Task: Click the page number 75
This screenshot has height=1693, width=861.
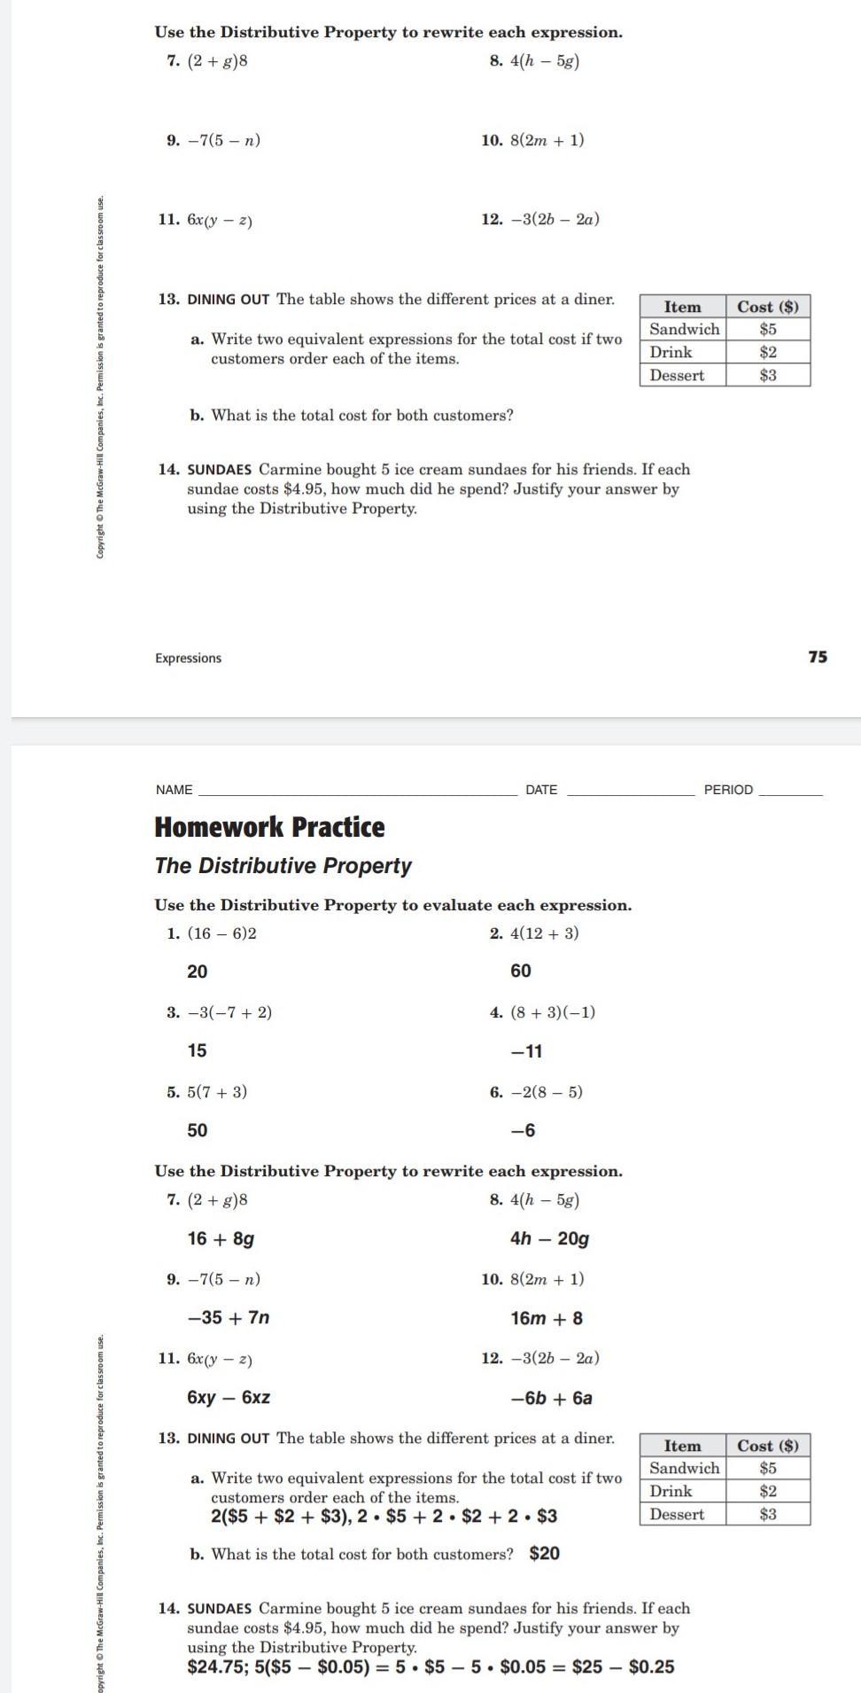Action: (x=818, y=657)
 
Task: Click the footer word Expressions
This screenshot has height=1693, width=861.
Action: (x=188, y=658)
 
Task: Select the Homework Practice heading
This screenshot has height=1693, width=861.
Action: (x=269, y=827)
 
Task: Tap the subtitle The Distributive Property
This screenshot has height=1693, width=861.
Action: (x=283, y=865)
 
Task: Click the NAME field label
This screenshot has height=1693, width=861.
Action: (x=174, y=790)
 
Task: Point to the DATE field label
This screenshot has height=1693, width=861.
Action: (x=541, y=790)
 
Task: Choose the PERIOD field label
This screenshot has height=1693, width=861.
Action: (x=728, y=790)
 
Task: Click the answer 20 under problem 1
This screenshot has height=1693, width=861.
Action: (x=198, y=971)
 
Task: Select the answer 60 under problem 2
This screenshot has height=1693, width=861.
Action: (x=521, y=971)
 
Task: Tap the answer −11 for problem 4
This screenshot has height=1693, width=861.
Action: (x=526, y=1051)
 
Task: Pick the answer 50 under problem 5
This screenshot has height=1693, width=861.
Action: (x=198, y=1130)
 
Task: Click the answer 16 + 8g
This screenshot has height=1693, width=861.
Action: (x=221, y=1238)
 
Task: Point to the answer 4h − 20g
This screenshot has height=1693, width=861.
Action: (x=549, y=1238)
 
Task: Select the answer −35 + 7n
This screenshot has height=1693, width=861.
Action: (x=229, y=1317)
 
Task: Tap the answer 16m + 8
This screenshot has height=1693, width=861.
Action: (x=547, y=1318)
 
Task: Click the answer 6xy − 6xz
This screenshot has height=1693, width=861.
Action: (x=229, y=1397)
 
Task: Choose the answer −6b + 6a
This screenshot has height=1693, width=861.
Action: (x=551, y=1398)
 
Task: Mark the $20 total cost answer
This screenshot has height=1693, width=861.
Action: (x=544, y=1553)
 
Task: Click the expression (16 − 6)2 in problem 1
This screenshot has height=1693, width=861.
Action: (x=221, y=933)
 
